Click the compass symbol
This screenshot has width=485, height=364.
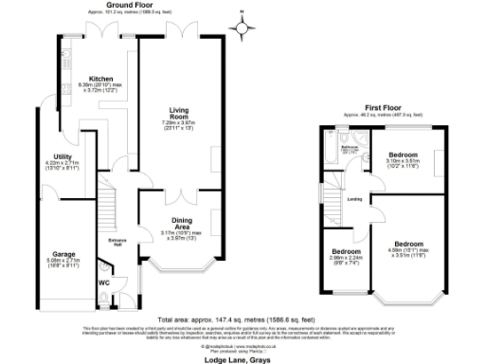tap(246, 27)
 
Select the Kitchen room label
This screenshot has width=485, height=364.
tap(101, 79)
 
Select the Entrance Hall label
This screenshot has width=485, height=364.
tap(117, 239)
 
